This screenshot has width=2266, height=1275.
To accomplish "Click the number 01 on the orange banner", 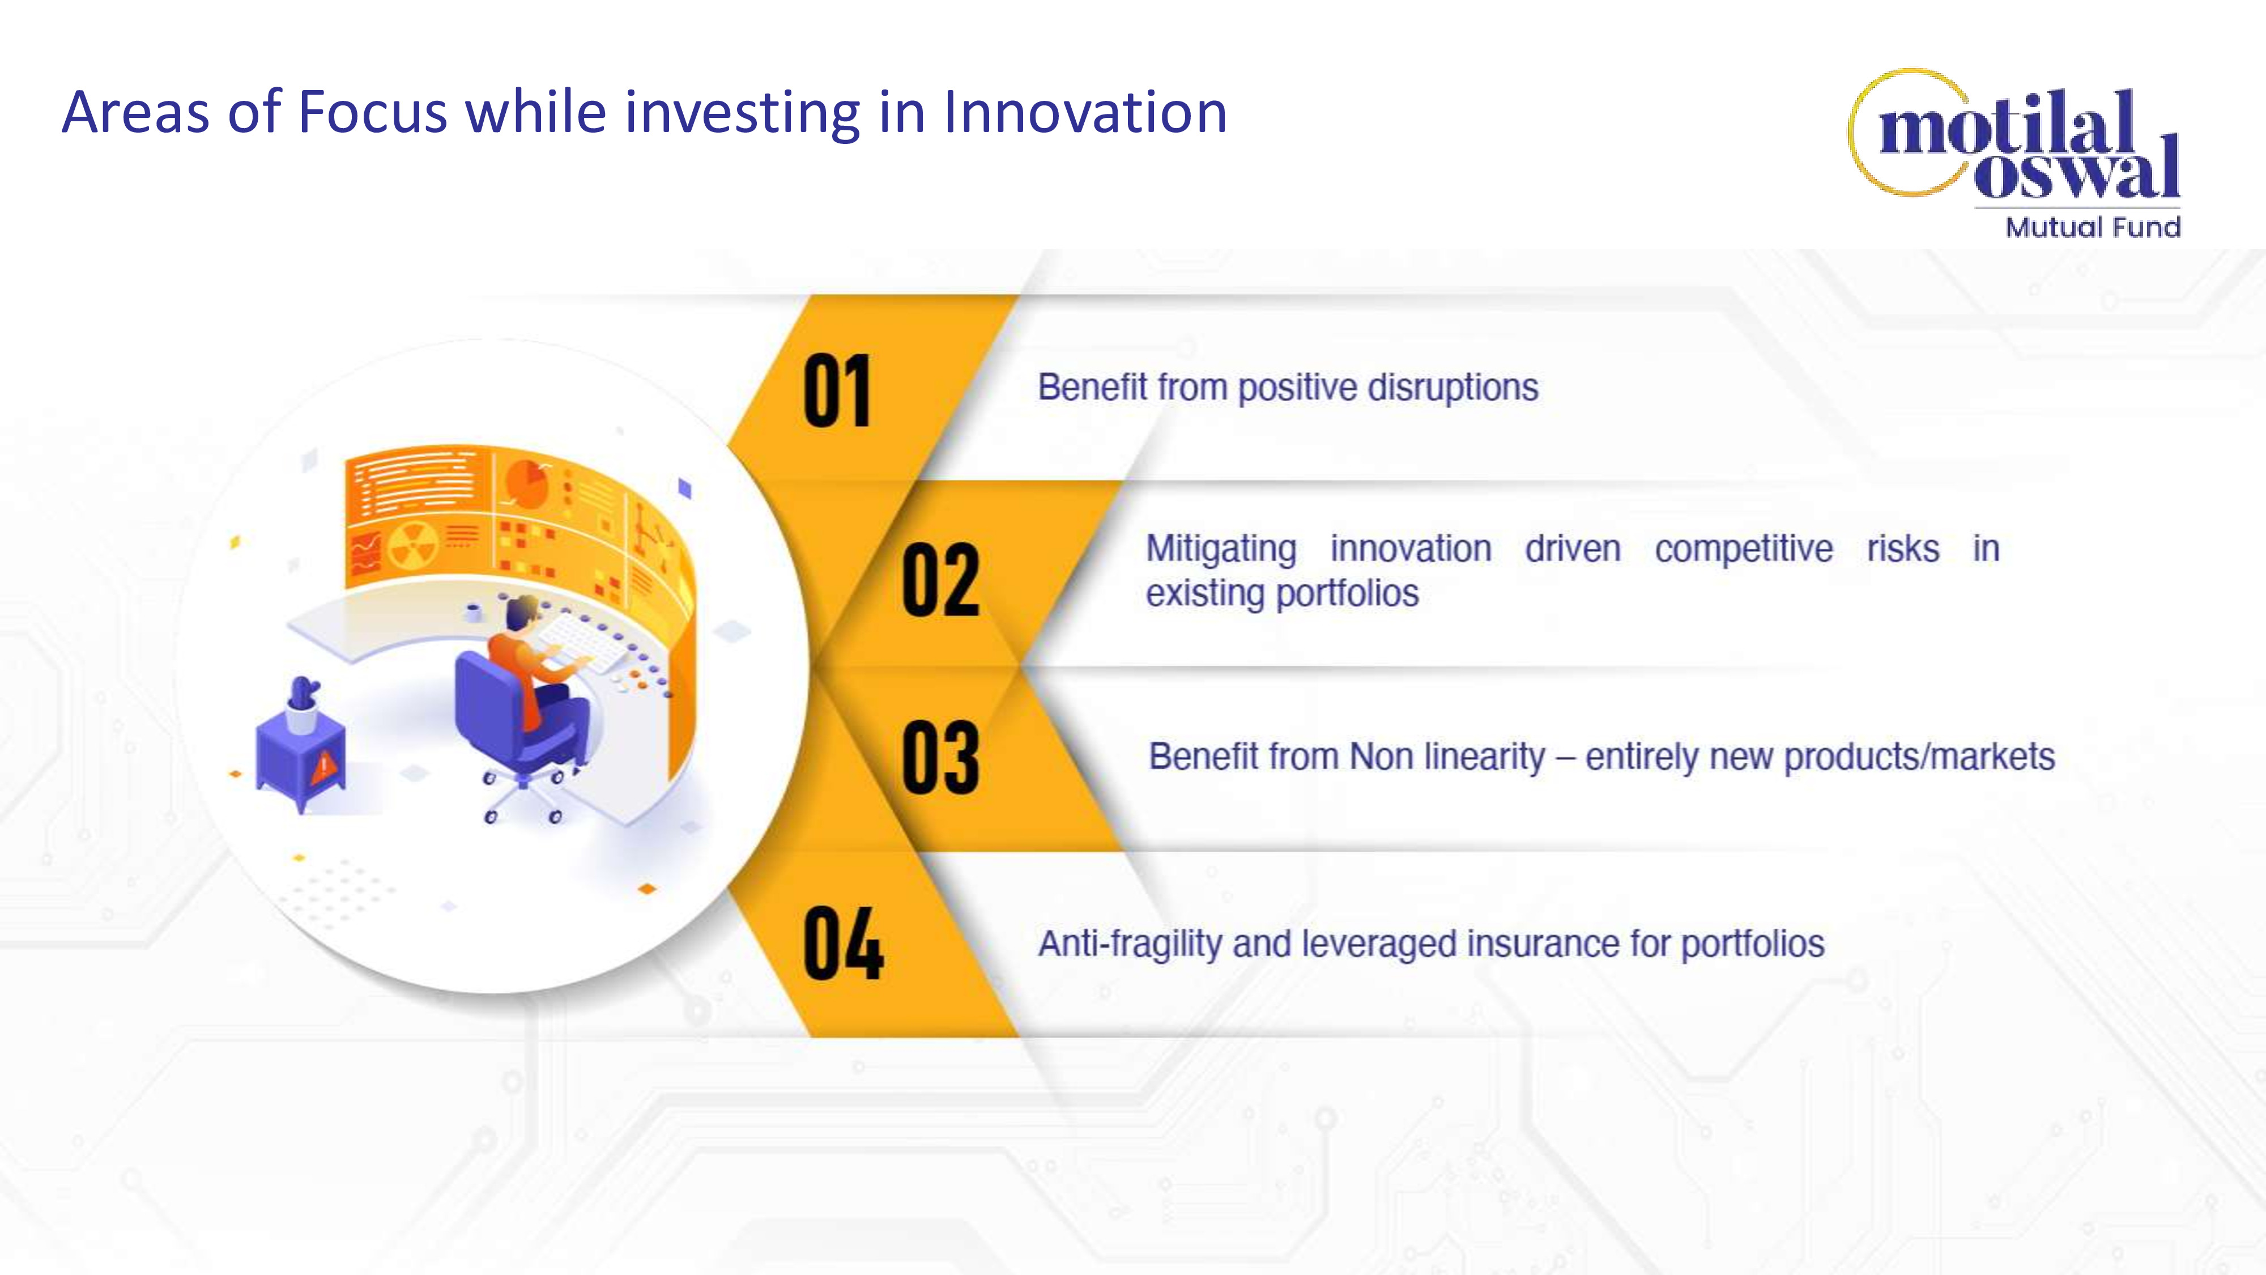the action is [837, 390].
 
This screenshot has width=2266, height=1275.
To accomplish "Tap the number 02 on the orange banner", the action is [940, 579].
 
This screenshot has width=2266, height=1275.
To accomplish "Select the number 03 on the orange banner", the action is [940, 756].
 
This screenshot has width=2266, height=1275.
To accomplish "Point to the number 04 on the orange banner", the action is [843, 943].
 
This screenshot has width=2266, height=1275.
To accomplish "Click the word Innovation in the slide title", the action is [1085, 113].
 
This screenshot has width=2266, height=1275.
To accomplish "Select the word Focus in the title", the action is [373, 113].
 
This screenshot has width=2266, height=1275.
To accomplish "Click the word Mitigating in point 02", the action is [1221, 550].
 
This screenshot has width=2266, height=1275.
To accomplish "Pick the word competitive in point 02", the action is [1744, 550].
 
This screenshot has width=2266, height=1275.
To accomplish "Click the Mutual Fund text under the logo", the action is [2093, 228].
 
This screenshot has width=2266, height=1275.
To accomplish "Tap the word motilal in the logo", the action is [2007, 123].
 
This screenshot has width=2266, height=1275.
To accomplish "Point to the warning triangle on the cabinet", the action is [323, 766].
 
